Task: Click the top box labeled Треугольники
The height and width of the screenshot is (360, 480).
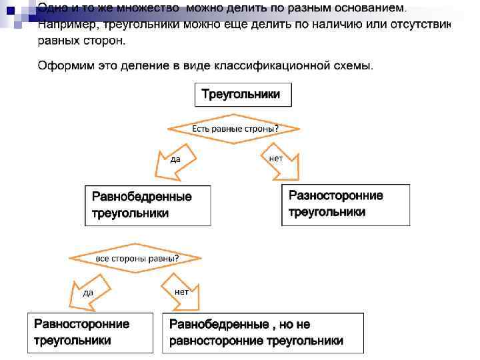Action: (243, 95)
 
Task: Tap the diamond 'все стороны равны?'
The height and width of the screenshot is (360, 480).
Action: (137, 258)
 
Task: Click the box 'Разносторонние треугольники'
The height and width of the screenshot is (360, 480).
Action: (345, 204)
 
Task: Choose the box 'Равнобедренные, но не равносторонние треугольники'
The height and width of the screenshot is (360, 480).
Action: (263, 333)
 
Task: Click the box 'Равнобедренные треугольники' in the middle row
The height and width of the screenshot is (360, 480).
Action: (148, 205)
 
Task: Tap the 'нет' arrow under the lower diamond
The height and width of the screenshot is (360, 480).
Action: (179, 294)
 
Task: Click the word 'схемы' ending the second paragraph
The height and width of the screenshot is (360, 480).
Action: (354, 65)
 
